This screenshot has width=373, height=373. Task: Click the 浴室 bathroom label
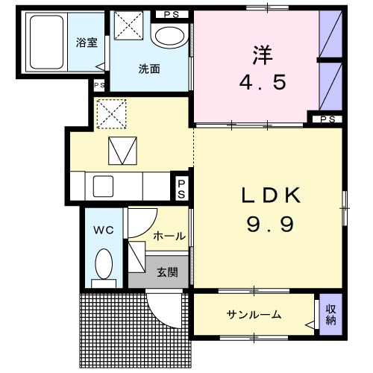[x=87, y=43]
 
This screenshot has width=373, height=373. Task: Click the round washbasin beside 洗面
[x=169, y=37]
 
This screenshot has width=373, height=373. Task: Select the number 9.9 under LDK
[x=267, y=222]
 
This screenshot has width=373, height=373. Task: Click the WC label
[x=104, y=230]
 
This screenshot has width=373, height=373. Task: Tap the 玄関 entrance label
[x=167, y=272]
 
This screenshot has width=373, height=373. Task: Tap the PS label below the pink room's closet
[x=326, y=118]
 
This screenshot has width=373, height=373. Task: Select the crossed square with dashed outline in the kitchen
[x=113, y=114]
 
